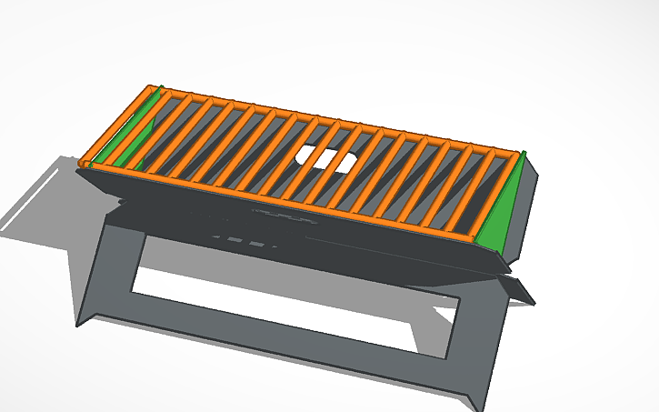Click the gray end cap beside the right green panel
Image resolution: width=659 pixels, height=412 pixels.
tap(529, 205)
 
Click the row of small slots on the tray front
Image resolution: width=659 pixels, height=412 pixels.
tap(245, 241)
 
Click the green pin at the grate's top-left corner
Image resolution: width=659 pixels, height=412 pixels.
tap(161, 88)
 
